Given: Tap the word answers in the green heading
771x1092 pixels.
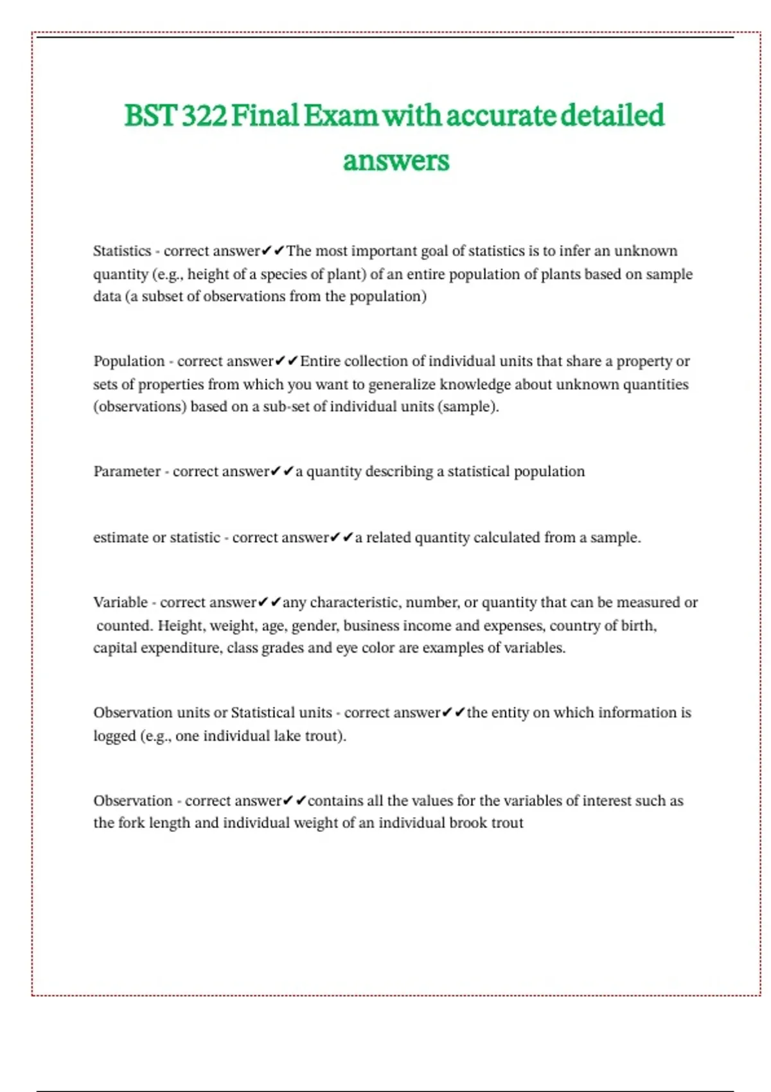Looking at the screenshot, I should (x=396, y=161).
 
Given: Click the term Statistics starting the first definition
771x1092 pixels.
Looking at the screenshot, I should (x=122, y=251).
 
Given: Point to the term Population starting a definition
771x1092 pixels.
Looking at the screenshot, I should (x=129, y=361).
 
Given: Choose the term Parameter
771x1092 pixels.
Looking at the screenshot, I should (x=127, y=471).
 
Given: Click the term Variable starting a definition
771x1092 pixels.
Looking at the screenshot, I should (x=121, y=603).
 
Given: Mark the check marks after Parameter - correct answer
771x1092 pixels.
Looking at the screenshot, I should (x=282, y=471).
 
